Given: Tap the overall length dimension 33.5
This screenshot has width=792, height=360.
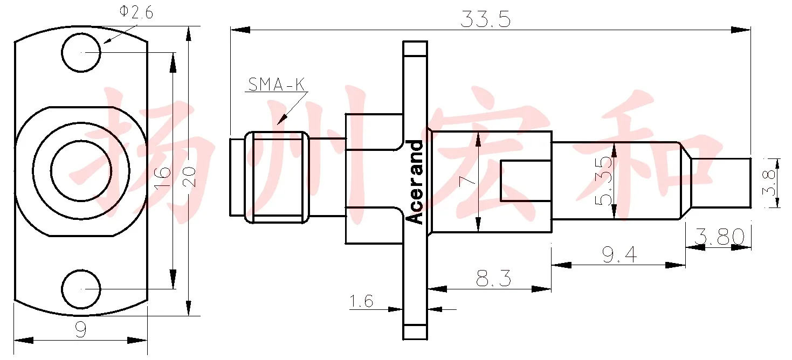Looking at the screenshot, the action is point(485,19).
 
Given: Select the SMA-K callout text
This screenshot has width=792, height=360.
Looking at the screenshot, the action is point(276,85).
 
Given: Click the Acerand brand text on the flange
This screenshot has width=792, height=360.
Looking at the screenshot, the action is point(415,182).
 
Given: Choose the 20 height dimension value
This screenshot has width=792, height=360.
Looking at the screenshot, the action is point(189,177).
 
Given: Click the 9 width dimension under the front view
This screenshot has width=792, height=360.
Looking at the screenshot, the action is point(81,329).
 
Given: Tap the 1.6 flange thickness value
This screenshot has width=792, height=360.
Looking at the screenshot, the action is point(361,301).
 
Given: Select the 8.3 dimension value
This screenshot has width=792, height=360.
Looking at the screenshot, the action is point(493,279).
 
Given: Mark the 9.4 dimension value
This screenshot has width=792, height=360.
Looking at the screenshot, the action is point(619,254).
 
